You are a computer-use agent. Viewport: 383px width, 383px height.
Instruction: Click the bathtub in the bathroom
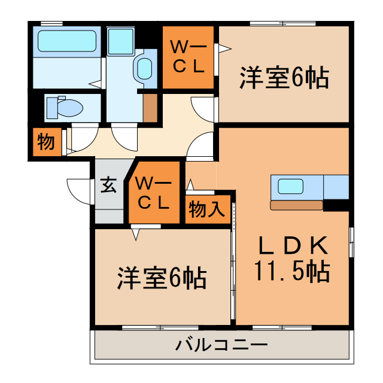tap(66, 42)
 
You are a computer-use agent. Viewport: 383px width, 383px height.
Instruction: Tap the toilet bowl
tap(69, 108)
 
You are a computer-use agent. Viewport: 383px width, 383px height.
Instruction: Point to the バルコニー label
tap(221, 345)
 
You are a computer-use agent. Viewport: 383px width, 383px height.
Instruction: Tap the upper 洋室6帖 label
tap(284, 78)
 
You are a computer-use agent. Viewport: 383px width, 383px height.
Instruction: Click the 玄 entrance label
tap(108, 186)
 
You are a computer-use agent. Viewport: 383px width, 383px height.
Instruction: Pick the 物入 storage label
tap(206, 210)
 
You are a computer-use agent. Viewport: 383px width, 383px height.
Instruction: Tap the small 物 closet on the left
tap(45, 142)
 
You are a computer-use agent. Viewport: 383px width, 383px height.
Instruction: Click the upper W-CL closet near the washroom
tap(189, 56)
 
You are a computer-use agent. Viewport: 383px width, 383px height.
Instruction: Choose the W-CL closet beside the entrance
tap(154, 192)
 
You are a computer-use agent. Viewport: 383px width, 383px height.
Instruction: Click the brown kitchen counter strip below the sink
tap(296, 205)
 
